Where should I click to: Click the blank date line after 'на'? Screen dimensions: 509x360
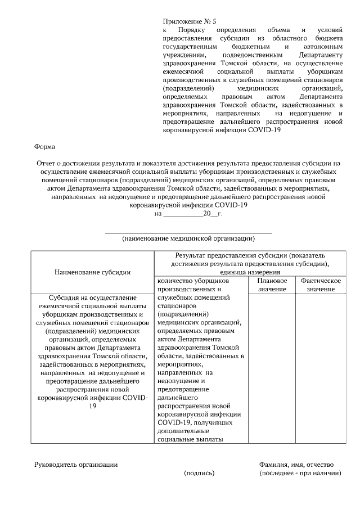pyautogui.click(x=182, y=214)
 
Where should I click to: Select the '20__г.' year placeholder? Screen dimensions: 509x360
pyautogui.click(x=213, y=214)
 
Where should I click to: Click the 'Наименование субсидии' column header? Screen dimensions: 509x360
pyautogui.click(x=93, y=272)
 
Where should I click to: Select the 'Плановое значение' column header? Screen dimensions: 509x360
pyautogui.click(x=272, y=285)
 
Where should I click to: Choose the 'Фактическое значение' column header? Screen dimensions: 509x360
pyautogui.click(x=321, y=285)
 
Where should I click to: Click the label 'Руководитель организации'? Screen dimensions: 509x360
pyautogui.click(x=76, y=465)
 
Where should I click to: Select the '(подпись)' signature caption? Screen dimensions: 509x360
pyautogui.click(x=200, y=474)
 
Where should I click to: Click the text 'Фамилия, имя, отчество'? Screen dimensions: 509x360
pyautogui.click(x=296, y=465)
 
